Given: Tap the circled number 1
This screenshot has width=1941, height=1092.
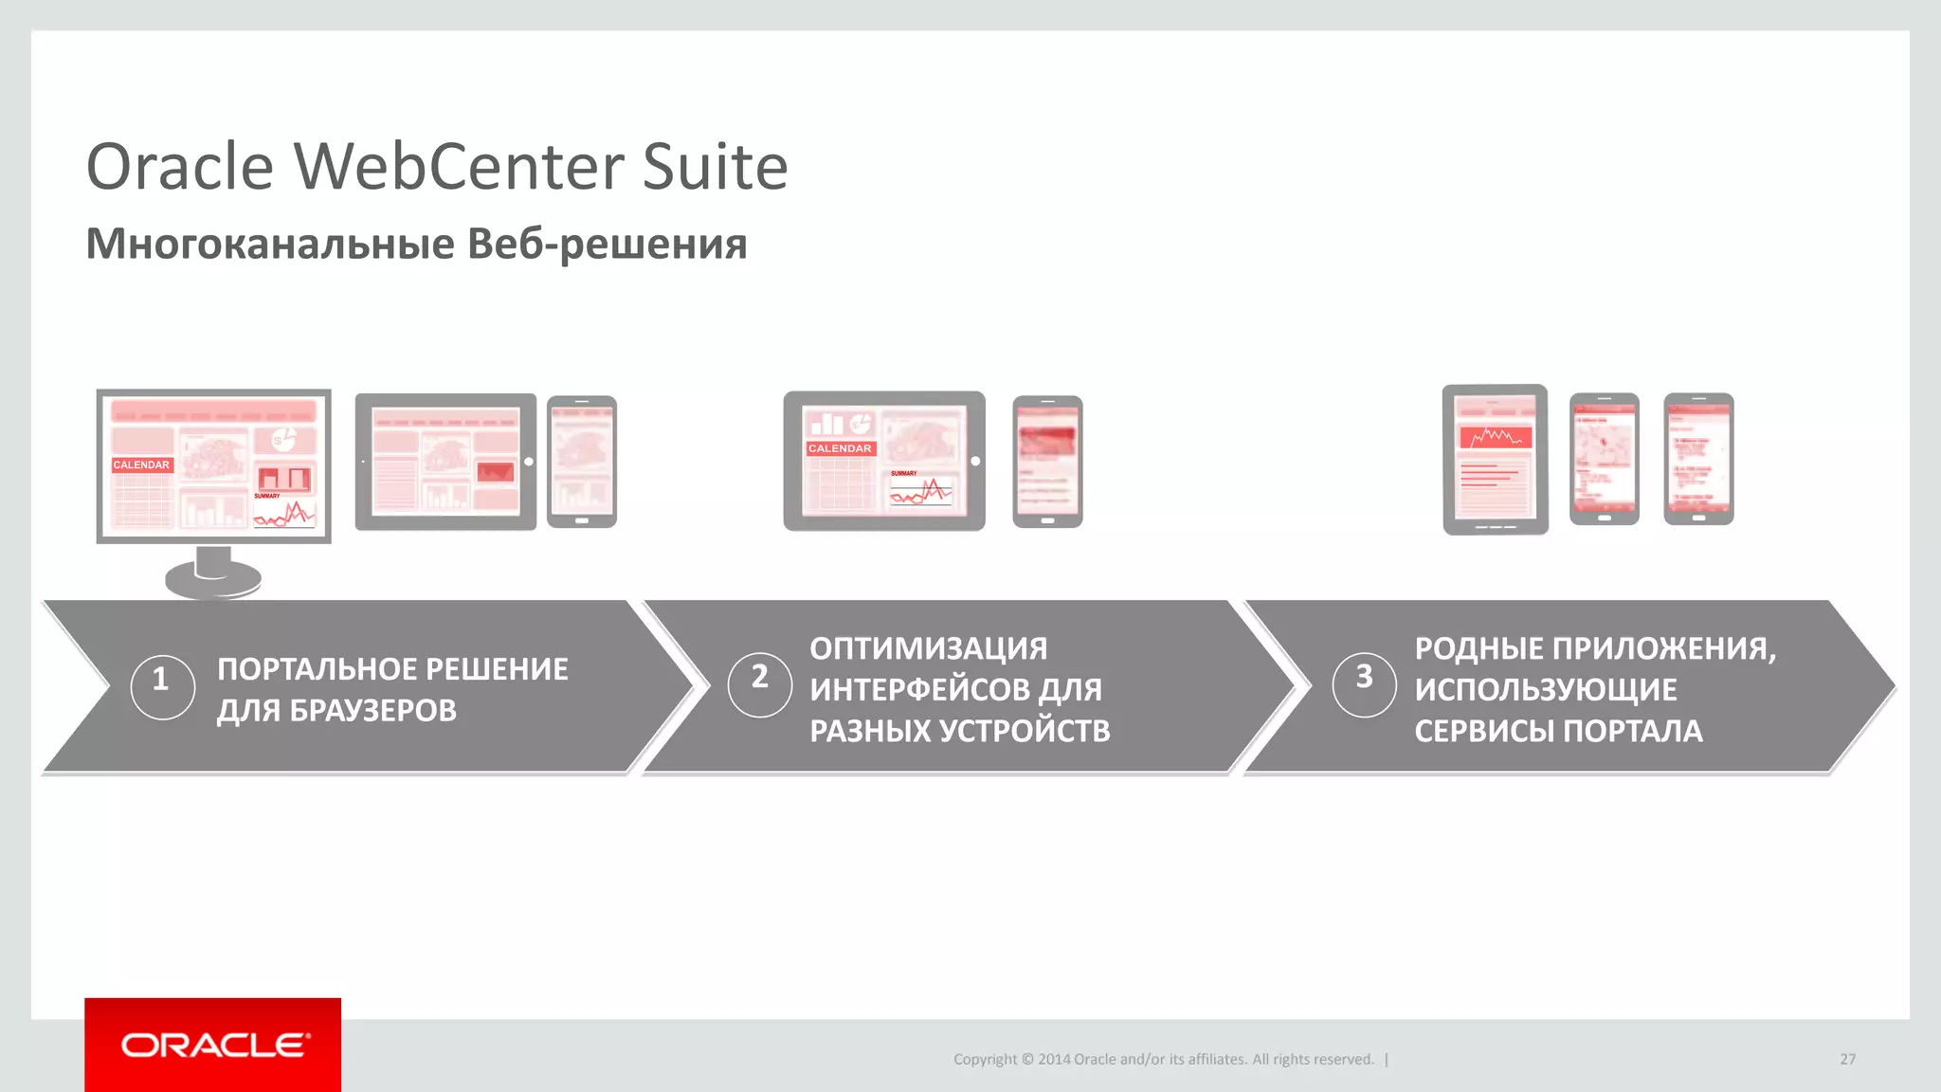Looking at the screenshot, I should [x=162, y=680].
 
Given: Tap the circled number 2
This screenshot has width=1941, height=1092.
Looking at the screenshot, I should [x=759, y=678].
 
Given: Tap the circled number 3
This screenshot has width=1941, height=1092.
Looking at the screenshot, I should [x=1364, y=678].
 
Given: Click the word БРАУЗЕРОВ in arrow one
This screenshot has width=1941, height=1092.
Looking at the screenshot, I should [x=372, y=710].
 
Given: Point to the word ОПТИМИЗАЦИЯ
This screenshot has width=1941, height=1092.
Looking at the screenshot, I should [x=928, y=648].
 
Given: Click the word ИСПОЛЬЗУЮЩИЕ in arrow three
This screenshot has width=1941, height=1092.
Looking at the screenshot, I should [x=1545, y=689].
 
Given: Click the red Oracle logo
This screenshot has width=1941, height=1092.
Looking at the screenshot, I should [x=212, y=1045].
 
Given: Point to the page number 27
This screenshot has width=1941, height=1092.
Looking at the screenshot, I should [x=1847, y=1059].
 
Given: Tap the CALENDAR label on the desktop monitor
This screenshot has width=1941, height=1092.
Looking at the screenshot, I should [x=141, y=464].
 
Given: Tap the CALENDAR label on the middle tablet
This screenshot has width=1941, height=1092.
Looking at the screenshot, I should [x=840, y=448].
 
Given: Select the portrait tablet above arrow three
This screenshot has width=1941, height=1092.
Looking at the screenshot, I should [x=1495, y=460].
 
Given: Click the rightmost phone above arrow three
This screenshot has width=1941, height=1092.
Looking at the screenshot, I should [x=1698, y=459].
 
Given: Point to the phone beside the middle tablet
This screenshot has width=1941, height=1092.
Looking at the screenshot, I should [x=1047, y=462].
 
